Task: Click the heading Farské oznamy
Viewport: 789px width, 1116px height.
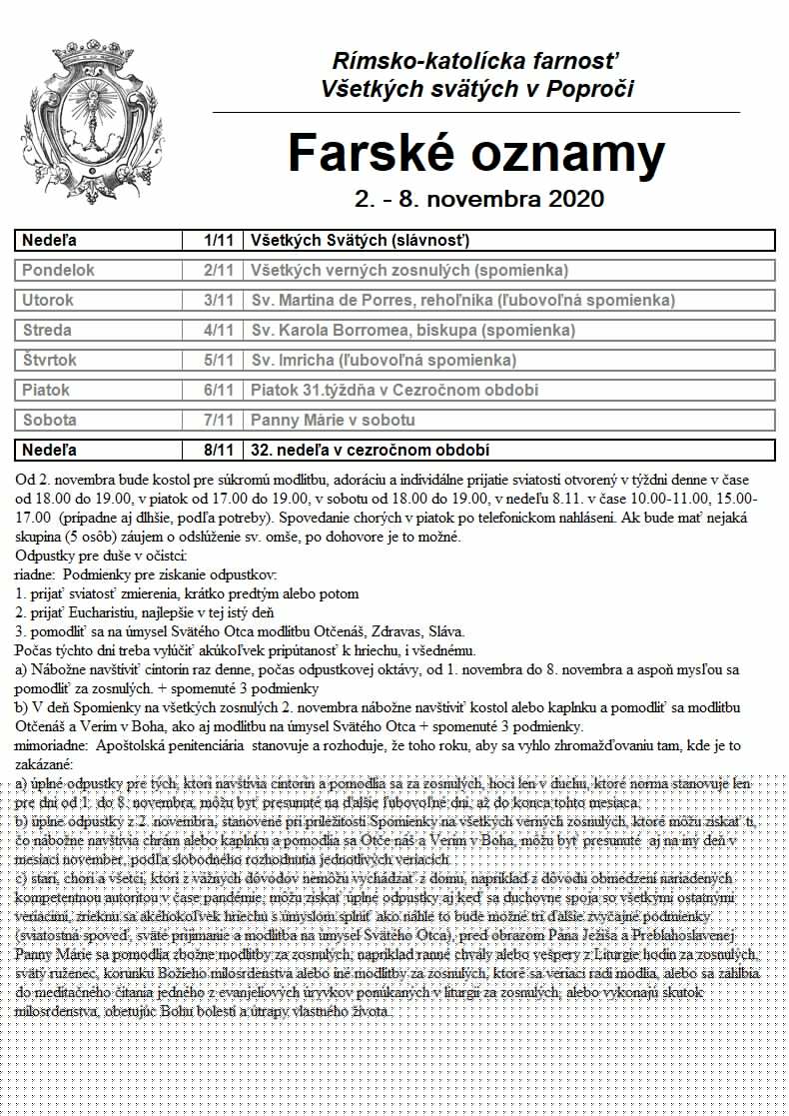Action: pos(476,153)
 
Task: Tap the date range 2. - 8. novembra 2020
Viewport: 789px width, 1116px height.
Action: pos(478,198)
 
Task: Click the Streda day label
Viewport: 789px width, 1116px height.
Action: pos(47,331)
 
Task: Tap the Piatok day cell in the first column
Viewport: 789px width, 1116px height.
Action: pos(47,391)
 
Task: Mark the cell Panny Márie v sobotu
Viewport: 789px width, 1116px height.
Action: pos(333,421)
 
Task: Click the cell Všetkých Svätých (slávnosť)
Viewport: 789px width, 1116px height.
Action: pos(361,241)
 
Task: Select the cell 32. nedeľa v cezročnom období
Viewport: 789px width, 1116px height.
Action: pos(371,451)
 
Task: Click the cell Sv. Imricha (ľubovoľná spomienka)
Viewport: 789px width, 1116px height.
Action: pos(384,361)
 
